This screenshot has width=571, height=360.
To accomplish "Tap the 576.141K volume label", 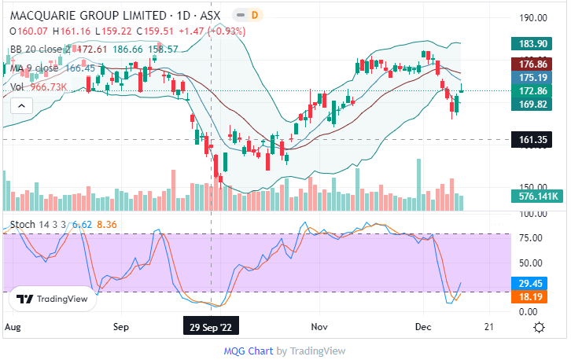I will [536, 197].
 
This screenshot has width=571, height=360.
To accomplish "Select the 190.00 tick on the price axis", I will [533, 18].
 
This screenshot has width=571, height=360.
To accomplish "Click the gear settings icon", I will [540, 326].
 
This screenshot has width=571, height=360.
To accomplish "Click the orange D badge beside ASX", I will [254, 15].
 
